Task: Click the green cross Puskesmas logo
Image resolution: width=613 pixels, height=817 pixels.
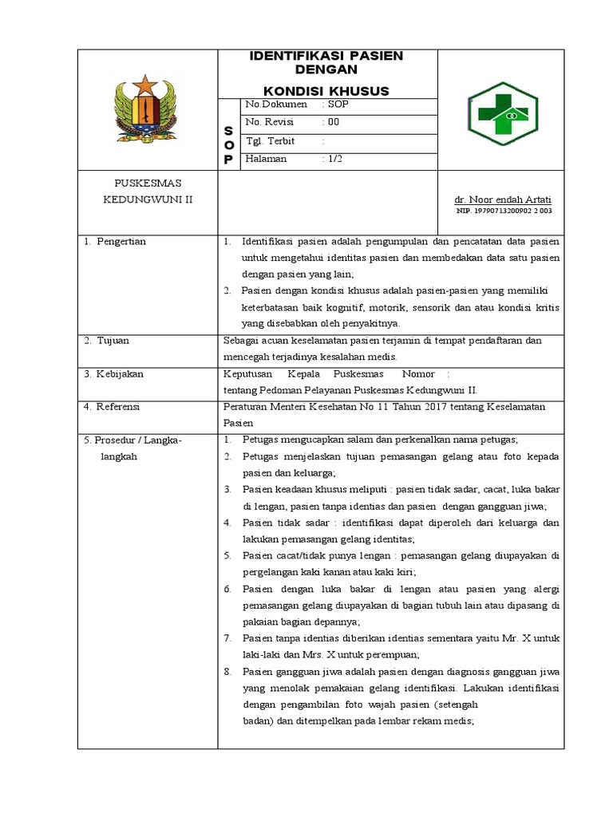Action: pos(503,114)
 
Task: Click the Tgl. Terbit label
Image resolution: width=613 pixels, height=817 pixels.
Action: pos(271,141)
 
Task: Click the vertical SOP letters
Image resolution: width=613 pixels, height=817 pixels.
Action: pos(228,144)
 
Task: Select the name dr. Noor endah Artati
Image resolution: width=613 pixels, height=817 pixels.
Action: pos(503,199)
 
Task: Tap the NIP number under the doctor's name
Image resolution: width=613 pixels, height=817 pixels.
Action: pos(504,211)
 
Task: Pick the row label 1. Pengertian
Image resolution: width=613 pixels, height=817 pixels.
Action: pos(116,242)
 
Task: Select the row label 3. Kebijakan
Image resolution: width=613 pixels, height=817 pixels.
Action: pos(114,374)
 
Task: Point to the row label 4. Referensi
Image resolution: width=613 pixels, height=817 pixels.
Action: pos(113,407)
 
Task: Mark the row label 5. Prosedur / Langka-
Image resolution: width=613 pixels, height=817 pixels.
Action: pos(133,440)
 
